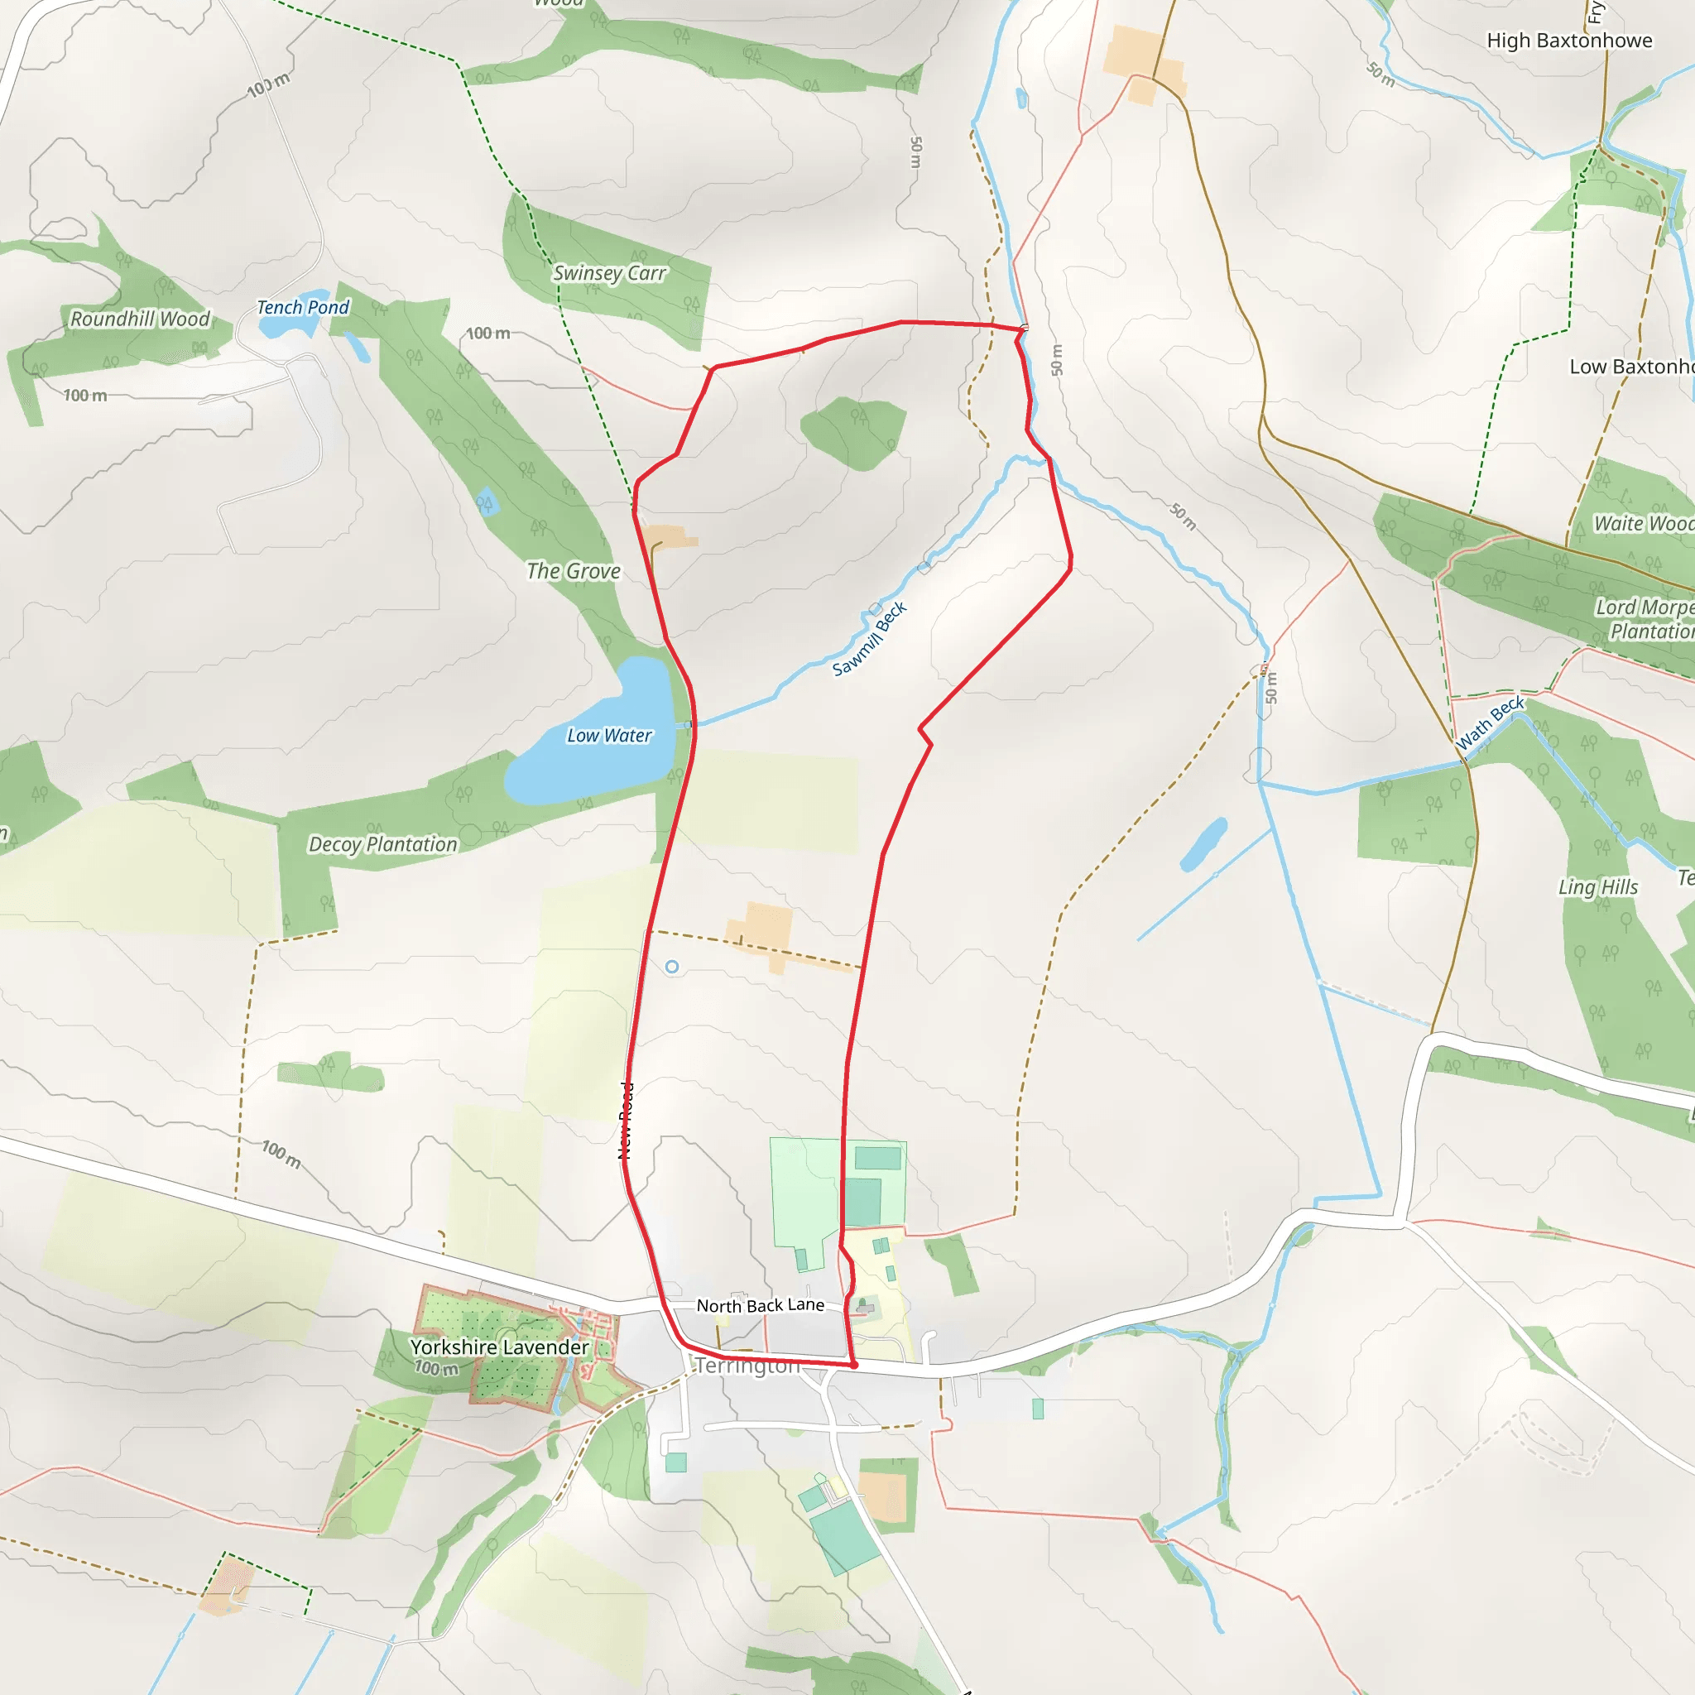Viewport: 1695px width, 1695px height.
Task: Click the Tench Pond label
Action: [x=303, y=307]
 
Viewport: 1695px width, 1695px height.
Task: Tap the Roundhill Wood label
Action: [x=141, y=319]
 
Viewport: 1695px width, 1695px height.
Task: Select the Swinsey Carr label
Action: [x=610, y=274]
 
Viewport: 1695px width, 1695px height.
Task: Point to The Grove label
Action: [x=574, y=571]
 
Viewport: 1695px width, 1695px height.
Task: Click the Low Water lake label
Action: [x=609, y=735]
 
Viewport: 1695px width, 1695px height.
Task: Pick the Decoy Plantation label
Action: [x=382, y=844]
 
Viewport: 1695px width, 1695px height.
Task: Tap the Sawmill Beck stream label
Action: [x=870, y=640]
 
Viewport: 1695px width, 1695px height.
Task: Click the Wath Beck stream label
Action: [x=1490, y=724]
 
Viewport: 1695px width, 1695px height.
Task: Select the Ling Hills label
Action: [x=1597, y=887]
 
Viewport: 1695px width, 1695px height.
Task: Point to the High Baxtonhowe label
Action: [x=1568, y=41]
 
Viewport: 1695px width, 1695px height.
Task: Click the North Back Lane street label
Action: [x=760, y=1305]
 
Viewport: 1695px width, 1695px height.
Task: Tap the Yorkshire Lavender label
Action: [x=499, y=1347]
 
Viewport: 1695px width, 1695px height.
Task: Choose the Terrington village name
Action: [x=747, y=1366]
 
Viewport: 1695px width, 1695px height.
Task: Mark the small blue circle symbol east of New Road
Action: [x=672, y=967]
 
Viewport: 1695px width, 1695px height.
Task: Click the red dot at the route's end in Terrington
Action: [x=853, y=1365]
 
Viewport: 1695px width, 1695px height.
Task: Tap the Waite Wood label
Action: [x=1642, y=524]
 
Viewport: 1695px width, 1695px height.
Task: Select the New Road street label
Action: [x=626, y=1121]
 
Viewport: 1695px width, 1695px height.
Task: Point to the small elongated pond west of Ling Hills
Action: [x=1203, y=844]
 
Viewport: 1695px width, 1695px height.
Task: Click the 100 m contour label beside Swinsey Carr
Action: [x=487, y=334]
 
